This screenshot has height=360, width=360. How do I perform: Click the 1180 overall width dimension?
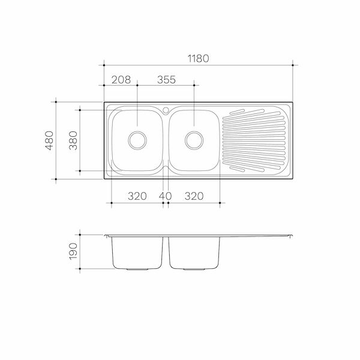coord(198,58)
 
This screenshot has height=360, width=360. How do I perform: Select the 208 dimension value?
coord(121,80)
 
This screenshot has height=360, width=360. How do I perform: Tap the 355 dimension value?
coord(166,80)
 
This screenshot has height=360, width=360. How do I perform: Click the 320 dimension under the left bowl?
coord(138,196)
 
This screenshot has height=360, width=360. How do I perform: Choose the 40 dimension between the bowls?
coord(166,196)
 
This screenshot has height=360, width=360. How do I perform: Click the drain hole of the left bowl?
coord(138,140)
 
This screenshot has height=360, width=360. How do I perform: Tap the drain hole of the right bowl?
coord(194,140)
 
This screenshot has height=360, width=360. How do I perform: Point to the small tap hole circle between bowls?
coord(166,110)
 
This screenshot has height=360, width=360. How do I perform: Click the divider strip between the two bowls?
coord(166,144)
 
